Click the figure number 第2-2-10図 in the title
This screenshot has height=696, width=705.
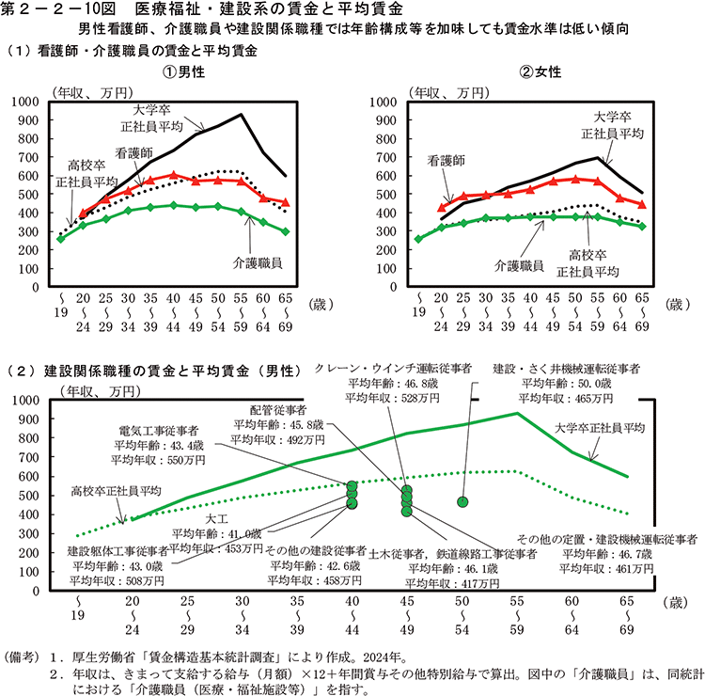(56, 8)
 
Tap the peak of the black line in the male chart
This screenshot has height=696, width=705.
(242, 115)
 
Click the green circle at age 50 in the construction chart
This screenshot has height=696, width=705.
(462, 501)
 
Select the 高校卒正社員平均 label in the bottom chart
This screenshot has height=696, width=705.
(117, 491)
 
